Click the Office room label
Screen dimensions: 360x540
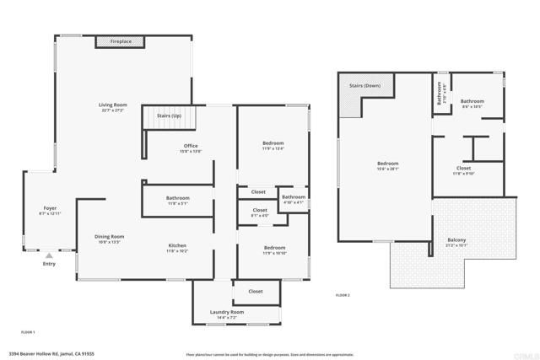click(191, 146)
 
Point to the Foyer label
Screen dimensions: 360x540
click(51, 207)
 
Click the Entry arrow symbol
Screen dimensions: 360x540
click(49, 254)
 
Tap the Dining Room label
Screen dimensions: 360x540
click(109, 237)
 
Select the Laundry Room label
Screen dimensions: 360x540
click(226, 313)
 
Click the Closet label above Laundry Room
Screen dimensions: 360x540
click(254, 291)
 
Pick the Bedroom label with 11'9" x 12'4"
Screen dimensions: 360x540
click(273, 143)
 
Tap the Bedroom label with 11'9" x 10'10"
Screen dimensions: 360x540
click(273, 247)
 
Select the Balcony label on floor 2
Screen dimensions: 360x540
click(456, 240)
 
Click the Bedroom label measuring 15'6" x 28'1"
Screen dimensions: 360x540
click(387, 163)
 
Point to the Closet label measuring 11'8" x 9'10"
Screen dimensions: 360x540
click(463, 168)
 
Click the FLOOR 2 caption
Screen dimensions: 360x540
click(343, 295)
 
